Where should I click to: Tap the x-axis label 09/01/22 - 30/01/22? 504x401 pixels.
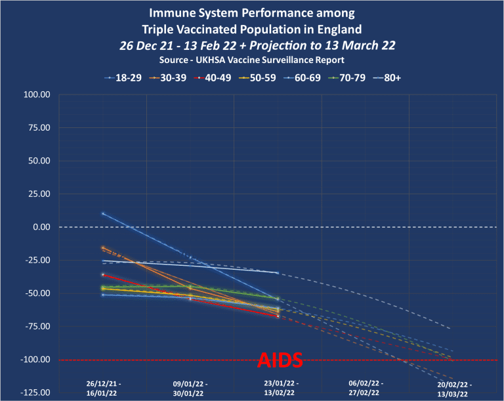click(190, 387)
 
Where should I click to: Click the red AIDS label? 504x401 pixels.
click(280, 360)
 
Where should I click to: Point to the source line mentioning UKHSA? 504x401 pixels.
click(251, 60)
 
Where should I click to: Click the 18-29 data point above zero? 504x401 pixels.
click(103, 213)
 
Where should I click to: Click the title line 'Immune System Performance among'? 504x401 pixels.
click(251, 13)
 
